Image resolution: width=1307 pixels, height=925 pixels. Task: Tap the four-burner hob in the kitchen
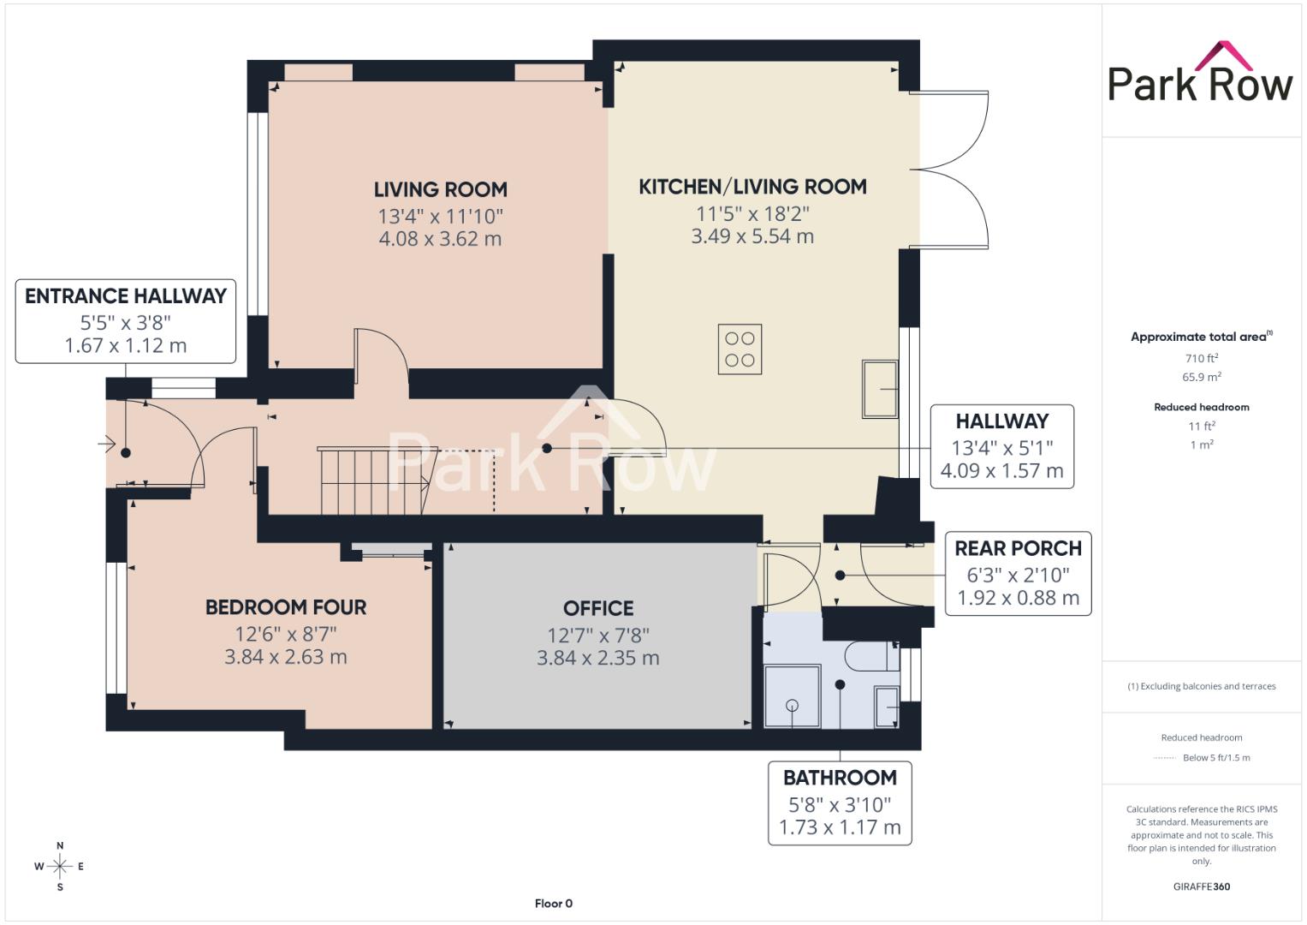tap(740, 349)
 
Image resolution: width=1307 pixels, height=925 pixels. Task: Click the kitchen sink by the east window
tap(880, 389)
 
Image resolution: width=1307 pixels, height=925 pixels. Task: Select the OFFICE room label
tap(598, 608)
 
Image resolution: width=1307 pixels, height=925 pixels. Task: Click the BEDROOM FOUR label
tap(286, 607)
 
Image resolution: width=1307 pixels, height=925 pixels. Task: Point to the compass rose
tap(60, 866)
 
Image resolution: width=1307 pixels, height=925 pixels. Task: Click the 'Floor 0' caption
tap(554, 904)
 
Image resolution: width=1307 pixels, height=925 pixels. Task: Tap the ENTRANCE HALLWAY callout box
tap(126, 321)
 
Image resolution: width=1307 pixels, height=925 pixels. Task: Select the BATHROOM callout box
tap(840, 803)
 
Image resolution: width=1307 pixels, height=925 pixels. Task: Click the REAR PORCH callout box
tap(1019, 574)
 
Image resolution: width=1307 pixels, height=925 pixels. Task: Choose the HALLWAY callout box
tap(1001, 446)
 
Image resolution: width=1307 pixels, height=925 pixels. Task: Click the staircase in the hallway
tap(377, 480)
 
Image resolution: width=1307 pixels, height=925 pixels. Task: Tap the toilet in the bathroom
tap(870, 656)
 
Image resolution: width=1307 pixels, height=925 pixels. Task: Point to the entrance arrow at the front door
tap(107, 445)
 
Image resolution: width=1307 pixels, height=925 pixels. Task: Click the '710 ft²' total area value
tap(1202, 358)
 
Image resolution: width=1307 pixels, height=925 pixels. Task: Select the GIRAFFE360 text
tap(1202, 886)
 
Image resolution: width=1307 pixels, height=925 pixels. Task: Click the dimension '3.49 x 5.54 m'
tap(752, 236)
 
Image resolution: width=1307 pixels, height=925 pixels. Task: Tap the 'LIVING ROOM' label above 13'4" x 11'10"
tap(441, 190)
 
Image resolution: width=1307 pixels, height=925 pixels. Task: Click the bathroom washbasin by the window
tap(886, 707)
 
